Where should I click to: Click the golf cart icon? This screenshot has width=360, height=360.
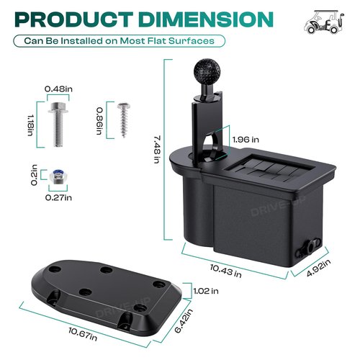[324, 22]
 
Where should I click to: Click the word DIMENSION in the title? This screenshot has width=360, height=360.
[206, 19]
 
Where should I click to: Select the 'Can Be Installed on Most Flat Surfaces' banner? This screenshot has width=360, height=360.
[120, 41]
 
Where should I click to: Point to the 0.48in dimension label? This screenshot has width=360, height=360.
[58, 89]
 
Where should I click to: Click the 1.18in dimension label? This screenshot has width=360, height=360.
[30, 125]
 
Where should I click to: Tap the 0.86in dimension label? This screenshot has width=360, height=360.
[99, 121]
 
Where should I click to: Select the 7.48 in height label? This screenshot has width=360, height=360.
[157, 150]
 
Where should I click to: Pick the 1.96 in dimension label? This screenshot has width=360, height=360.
[246, 140]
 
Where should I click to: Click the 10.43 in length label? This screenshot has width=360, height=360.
[226, 271]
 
